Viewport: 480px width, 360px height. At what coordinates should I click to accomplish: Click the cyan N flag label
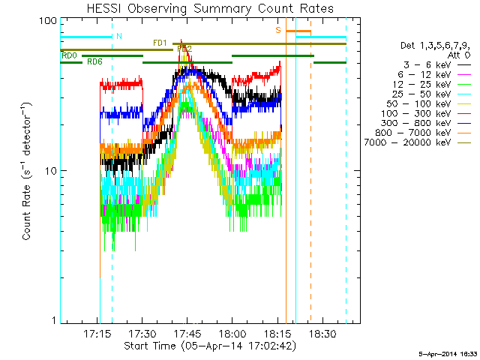point(118,35)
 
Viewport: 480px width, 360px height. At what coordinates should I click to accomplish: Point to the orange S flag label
point(278,30)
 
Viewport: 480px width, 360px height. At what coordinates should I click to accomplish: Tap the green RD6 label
point(95,61)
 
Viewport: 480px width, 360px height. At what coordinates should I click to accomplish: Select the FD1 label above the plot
point(160,43)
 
